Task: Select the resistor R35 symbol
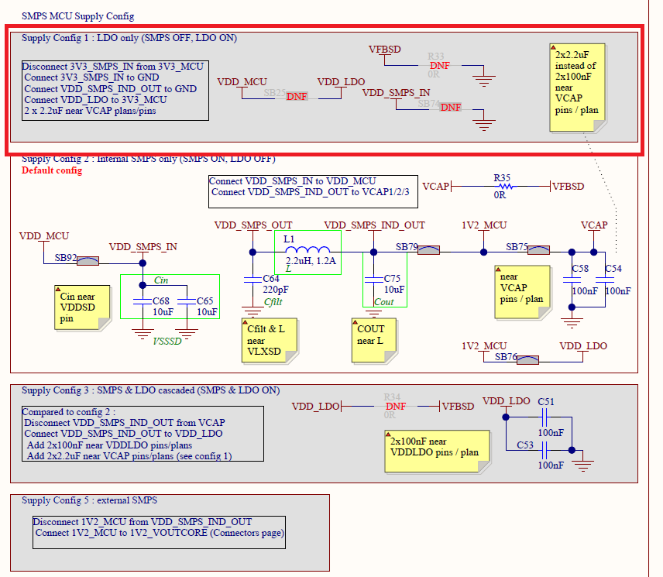504,186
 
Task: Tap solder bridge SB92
87,261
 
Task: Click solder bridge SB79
429,250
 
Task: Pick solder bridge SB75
538,250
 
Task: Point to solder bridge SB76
527,359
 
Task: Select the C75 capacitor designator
392,278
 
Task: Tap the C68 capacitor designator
160,301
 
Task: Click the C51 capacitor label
546,401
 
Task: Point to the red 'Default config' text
52,170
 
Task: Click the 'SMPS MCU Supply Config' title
77,15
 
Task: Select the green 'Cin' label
161,280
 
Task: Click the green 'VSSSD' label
167,340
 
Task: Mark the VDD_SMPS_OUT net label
252,225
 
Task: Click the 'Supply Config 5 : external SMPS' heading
89,500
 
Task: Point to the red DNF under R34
395,407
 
